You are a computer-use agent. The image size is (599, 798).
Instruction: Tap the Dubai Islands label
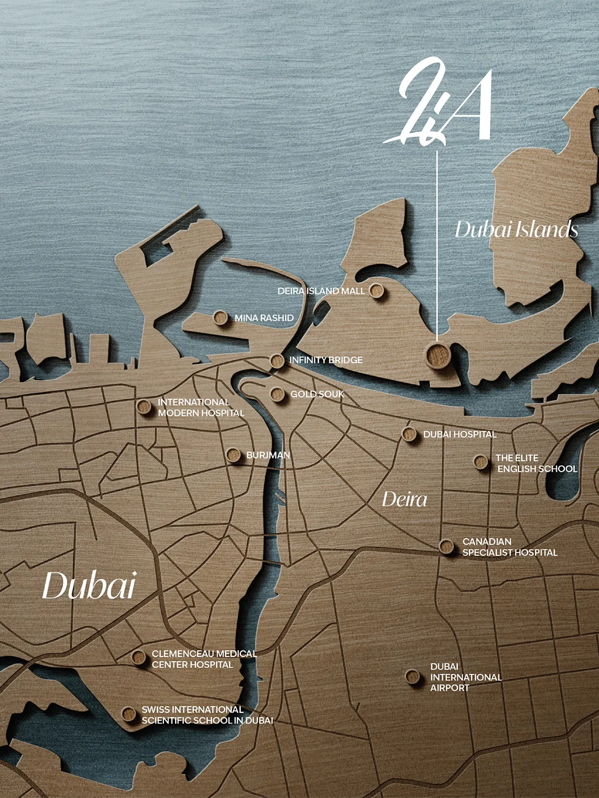pos(516,229)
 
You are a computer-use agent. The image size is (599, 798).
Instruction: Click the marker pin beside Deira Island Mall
pos(377,291)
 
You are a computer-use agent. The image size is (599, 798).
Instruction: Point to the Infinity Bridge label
pos(326,360)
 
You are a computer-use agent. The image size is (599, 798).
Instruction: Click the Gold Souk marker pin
pos(277,394)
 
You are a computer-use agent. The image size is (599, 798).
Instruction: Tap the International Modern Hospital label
pos(201,408)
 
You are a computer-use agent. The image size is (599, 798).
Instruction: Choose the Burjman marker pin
pos(233,455)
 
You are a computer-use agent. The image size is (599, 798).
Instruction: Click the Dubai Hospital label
pos(459,434)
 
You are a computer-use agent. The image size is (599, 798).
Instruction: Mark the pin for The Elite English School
pos(481,462)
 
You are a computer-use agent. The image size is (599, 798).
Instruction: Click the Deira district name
pos(404,499)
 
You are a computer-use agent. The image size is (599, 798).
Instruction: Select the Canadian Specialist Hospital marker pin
pos(446,547)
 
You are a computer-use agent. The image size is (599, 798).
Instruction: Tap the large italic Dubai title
pos(89,586)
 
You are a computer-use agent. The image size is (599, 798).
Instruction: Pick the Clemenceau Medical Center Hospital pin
pos(139,657)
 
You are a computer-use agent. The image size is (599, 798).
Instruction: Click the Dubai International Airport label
pos(465,677)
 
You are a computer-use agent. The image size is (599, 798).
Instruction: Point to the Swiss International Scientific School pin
pos(129,714)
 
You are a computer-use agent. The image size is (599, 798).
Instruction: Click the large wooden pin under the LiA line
pos(438,354)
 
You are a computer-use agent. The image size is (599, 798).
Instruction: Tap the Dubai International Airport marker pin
pos(412,677)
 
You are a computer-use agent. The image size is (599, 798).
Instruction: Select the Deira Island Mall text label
pos(321,291)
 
